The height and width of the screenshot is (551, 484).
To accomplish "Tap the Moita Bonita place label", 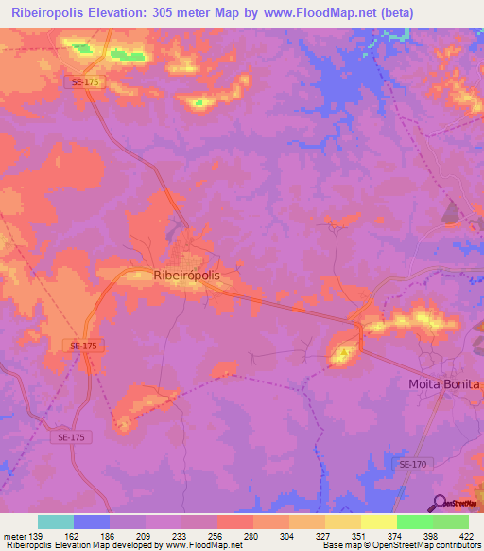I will (444, 384).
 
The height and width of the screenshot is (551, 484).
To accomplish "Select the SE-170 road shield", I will (412, 464).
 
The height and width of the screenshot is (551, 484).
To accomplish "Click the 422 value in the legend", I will (468, 537).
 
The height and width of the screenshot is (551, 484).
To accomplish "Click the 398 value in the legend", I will (431, 537).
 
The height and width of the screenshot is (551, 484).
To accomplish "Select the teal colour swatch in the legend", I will (56, 522).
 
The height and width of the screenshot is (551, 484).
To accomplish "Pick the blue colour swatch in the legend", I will (92, 522).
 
